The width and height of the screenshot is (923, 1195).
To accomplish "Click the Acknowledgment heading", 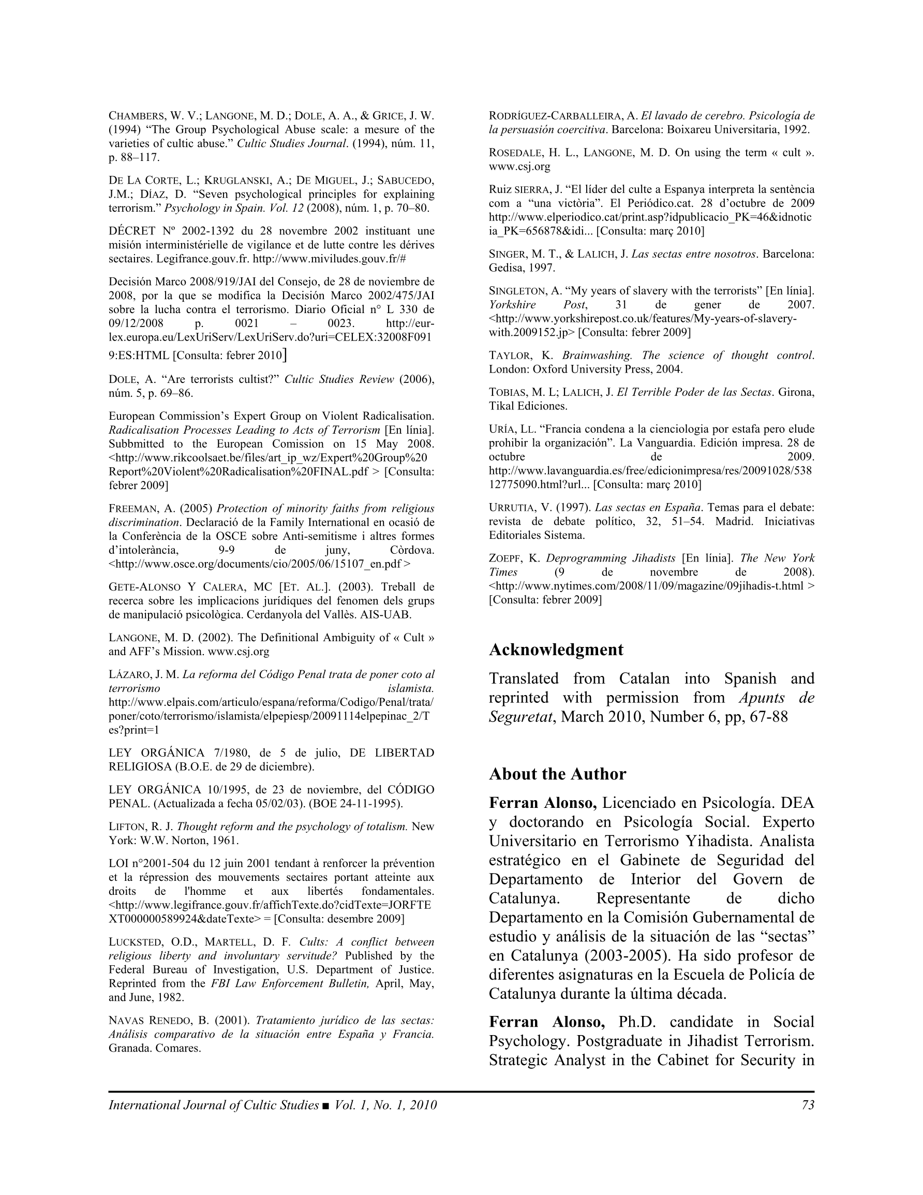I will point(556,650).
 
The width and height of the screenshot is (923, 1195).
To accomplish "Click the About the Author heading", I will point(557,774).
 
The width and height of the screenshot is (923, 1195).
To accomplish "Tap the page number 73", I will point(808,1105).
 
